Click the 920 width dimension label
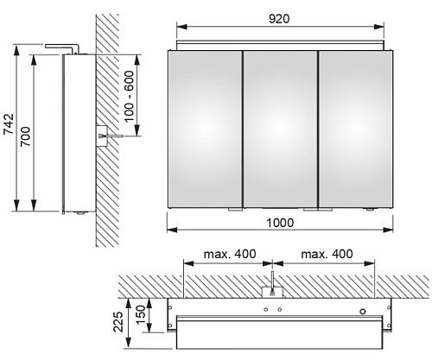(x=279, y=19)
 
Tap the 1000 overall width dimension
(x=280, y=223)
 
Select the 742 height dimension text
(x=9, y=124)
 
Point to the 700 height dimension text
(x=26, y=136)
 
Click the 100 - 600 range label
(x=129, y=96)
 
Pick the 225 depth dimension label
(x=118, y=321)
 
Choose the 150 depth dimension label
(x=141, y=315)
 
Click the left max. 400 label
(x=230, y=254)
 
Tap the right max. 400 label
(x=327, y=254)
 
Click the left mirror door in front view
(x=205, y=129)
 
